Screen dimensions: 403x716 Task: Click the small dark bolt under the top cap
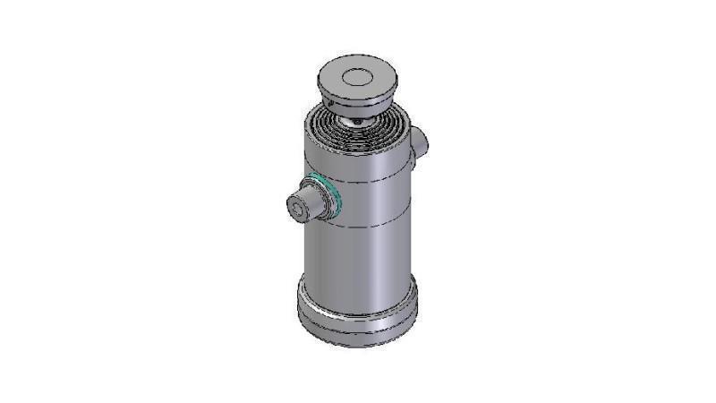tap(356, 119)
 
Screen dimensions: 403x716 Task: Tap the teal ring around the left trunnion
tap(333, 195)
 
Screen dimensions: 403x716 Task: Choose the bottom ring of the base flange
tap(358, 332)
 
